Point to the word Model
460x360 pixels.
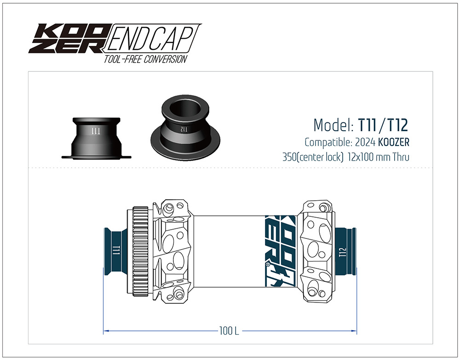[x=332, y=125]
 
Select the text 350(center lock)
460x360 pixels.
[x=313, y=157]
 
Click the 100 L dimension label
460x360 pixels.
[x=229, y=331]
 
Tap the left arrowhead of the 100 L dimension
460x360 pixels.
[x=105, y=331]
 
